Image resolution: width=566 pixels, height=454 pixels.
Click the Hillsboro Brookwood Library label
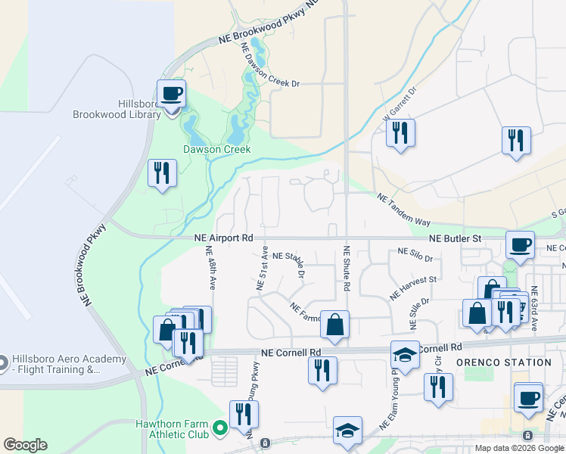(x=117, y=109)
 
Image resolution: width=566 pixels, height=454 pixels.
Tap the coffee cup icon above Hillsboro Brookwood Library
(x=172, y=95)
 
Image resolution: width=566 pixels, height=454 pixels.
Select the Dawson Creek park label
(x=217, y=150)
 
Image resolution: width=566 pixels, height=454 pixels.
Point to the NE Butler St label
(x=455, y=238)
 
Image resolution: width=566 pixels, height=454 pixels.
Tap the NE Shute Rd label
(x=346, y=269)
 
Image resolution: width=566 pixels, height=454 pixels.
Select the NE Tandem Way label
(x=404, y=210)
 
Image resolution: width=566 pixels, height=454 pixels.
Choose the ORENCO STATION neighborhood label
(x=504, y=362)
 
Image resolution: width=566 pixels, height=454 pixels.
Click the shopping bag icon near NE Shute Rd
(x=334, y=325)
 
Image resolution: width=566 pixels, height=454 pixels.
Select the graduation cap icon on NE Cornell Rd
(x=405, y=355)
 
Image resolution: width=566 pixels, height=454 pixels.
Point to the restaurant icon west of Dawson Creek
(x=162, y=173)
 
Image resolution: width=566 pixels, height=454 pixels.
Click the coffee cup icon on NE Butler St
(x=520, y=245)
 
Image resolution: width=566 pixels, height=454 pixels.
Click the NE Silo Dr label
(x=415, y=257)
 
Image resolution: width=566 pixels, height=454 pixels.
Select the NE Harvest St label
(x=413, y=286)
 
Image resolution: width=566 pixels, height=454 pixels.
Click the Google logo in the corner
(x=25, y=445)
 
